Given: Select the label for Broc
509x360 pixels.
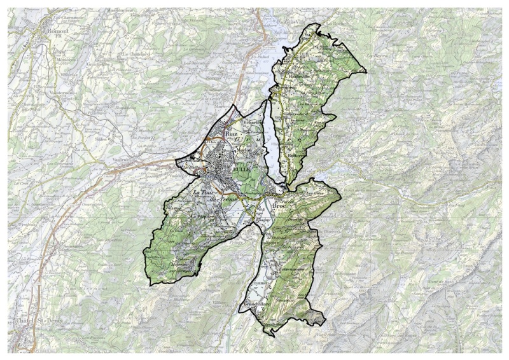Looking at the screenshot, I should click(280, 207).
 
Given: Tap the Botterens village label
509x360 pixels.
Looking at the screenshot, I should click(295, 154).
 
